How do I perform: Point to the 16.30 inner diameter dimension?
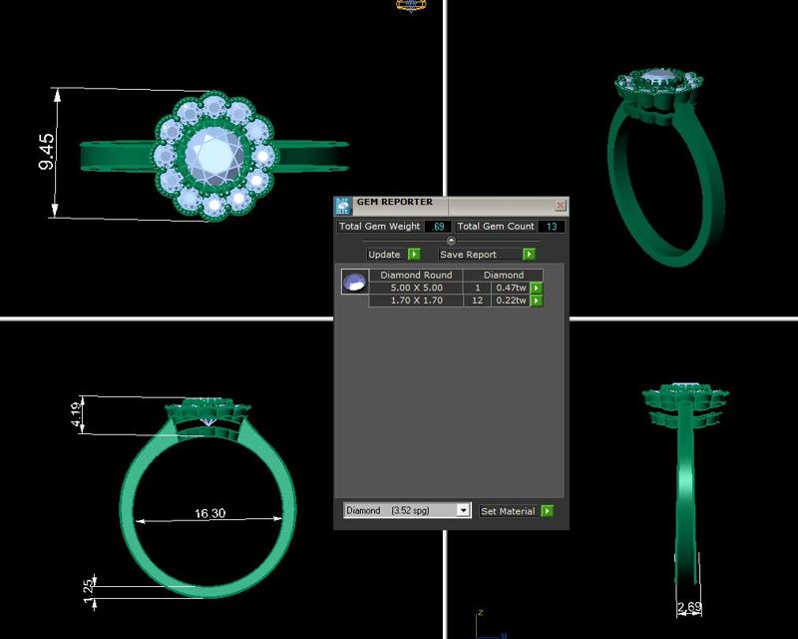click(x=209, y=513)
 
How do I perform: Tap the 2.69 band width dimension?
click(x=687, y=608)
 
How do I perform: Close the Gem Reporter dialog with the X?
click(x=560, y=206)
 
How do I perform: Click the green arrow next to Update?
click(x=414, y=255)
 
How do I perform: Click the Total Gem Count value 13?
click(x=552, y=227)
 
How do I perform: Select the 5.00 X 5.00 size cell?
click(x=416, y=288)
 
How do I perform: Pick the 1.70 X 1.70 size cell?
click(x=416, y=301)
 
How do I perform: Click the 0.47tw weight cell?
click(x=511, y=288)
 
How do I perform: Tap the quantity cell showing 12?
click(x=477, y=301)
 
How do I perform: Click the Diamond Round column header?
click(x=416, y=275)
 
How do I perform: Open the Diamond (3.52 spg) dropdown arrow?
click(x=462, y=510)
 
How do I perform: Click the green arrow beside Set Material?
click(x=547, y=511)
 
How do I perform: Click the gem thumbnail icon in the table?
click(x=354, y=283)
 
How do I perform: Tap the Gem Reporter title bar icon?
click(x=342, y=206)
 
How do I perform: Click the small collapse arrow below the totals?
click(x=451, y=241)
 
